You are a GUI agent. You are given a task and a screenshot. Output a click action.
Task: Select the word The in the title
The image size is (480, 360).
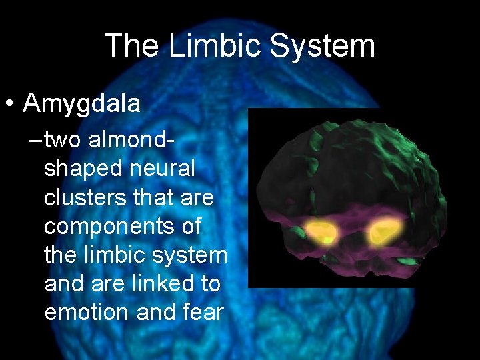click(132, 46)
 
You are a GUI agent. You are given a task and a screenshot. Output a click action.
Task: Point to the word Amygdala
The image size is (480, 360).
click(81, 104)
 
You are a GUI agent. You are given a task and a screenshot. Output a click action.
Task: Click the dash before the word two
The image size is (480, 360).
click(35, 141)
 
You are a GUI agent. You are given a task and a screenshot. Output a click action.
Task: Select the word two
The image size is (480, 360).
click(63, 140)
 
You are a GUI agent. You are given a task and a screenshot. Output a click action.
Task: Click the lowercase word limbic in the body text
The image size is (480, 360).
click(114, 255)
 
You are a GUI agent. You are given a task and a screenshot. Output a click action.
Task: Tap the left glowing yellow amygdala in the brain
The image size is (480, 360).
click(321, 231)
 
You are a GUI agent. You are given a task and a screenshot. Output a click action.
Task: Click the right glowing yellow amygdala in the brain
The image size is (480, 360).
click(385, 231)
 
